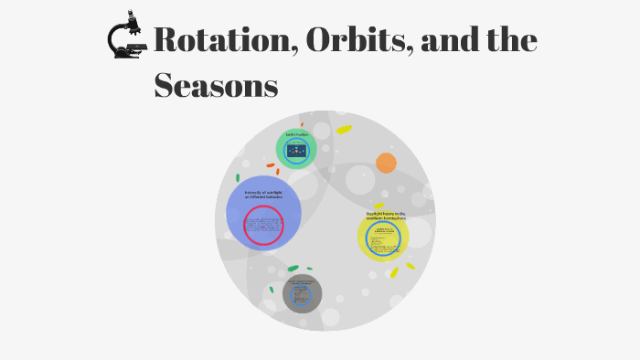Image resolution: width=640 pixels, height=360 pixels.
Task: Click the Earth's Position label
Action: [296, 134]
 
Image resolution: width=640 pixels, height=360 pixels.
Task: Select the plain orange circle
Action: [386, 163]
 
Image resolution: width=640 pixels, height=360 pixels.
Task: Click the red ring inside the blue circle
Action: [263, 225]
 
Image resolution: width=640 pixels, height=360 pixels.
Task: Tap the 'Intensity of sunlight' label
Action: [263, 195]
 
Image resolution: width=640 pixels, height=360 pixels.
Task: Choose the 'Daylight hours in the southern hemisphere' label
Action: [385, 216]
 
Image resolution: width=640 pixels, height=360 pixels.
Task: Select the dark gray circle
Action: [302, 294]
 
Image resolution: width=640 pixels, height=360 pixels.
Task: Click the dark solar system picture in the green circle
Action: [296, 151]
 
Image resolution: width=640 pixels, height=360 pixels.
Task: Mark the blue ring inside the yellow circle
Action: [383, 239]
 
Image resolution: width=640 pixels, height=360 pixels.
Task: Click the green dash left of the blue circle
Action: [238, 178]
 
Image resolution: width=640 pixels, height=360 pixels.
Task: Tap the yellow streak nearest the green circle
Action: [344, 130]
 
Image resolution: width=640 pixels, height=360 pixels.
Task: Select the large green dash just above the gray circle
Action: [293, 268]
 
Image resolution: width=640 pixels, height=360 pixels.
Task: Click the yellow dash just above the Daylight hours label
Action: [379, 206]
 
